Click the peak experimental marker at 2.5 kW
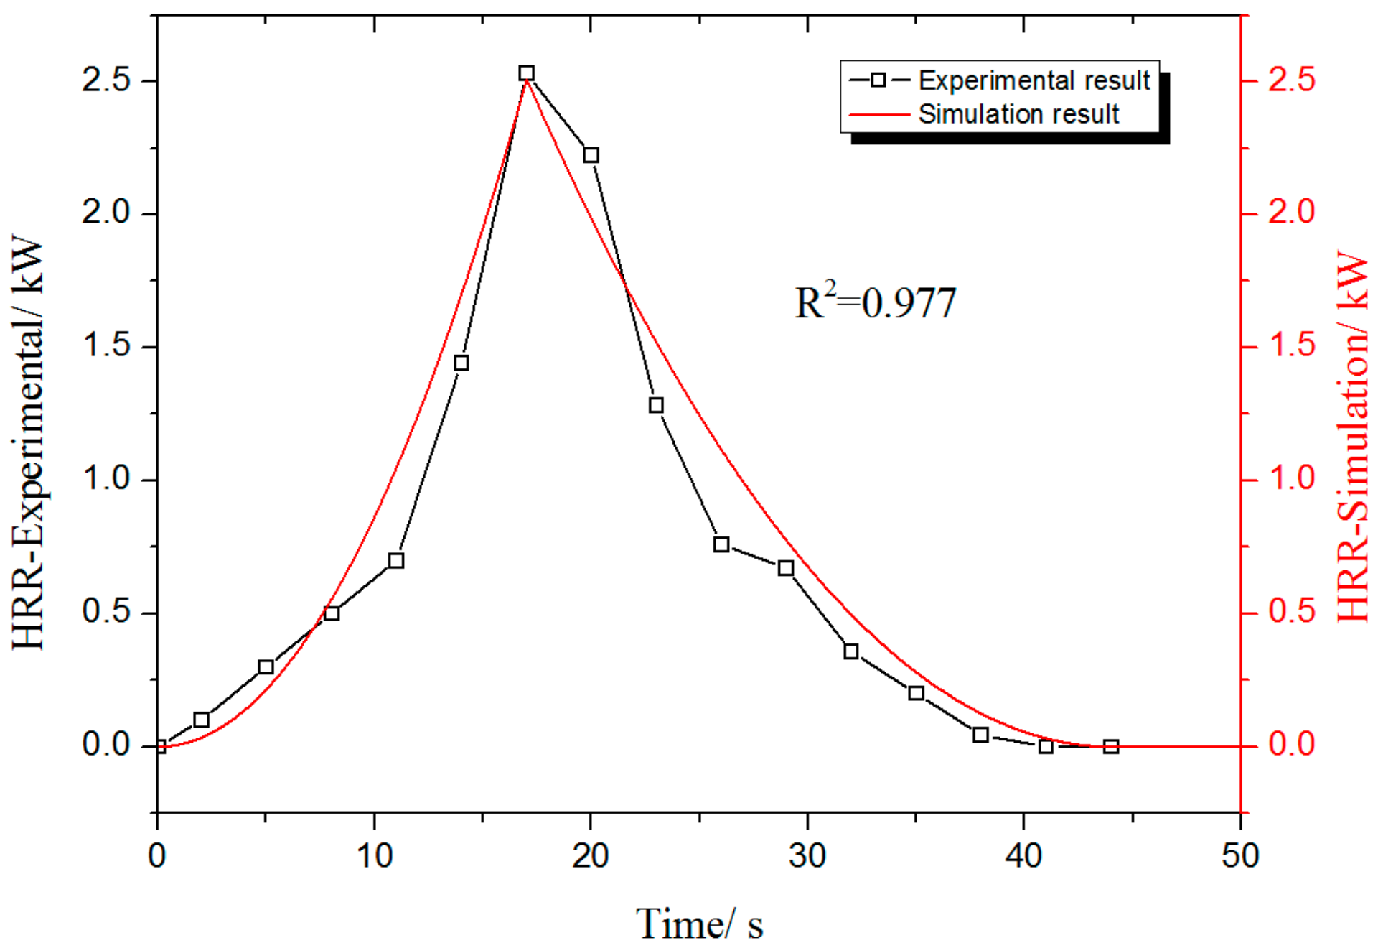pyautogui.click(x=526, y=73)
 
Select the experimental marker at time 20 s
pyautogui.click(x=591, y=155)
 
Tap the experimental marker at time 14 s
pyautogui.click(x=461, y=363)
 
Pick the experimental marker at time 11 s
pyautogui.click(x=396, y=560)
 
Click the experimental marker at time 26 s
pyautogui.click(x=721, y=544)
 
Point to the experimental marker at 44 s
pyautogui.click(x=1111, y=746)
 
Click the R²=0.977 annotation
pyautogui.click(x=875, y=302)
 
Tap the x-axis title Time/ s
pyautogui.click(x=699, y=924)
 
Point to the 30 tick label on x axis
pyautogui.click(x=807, y=855)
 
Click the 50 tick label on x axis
pyautogui.click(x=1239, y=855)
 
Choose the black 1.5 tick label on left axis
pyautogui.click(x=106, y=346)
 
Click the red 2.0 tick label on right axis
pyautogui.click(x=1291, y=213)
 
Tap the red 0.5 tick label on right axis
pyautogui.click(x=1291, y=612)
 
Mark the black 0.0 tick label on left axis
pyautogui.click(x=106, y=745)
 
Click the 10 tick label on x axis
pyautogui.click(x=374, y=855)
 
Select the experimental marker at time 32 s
pyautogui.click(x=851, y=651)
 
